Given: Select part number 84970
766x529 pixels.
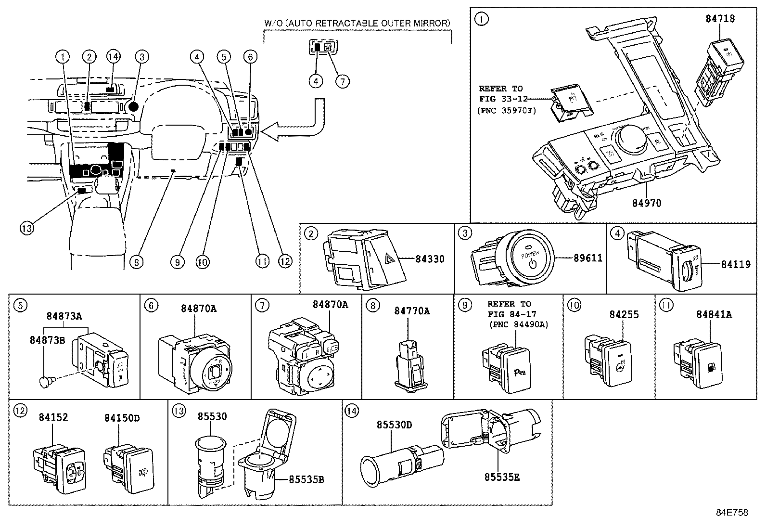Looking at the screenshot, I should click(646, 203).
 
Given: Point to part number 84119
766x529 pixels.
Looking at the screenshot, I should click(735, 264).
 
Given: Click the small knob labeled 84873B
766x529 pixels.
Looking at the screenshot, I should click(44, 382).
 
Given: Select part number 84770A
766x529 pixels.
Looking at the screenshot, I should click(412, 311).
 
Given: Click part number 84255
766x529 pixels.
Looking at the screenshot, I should click(624, 315).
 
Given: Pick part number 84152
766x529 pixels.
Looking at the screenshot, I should click(53, 417).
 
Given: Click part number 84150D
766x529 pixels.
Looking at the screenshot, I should click(122, 418).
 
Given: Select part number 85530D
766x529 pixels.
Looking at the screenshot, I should click(394, 425).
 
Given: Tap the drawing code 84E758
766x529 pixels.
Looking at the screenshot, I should click(732, 513).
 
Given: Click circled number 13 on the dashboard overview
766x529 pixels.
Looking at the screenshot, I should click(27, 227).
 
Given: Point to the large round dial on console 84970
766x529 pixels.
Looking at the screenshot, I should click(626, 137).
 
